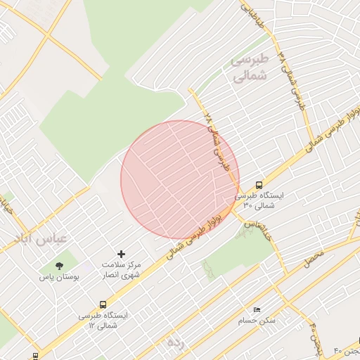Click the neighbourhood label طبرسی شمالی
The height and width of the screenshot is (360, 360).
coord(250,69)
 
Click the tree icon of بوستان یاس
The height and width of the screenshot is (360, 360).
coord(59,266)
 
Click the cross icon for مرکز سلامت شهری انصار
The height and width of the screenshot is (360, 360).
coord(121,253)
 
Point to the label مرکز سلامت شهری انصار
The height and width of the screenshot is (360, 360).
coord(121,269)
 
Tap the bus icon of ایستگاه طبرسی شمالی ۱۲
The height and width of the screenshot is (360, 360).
coord(103,305)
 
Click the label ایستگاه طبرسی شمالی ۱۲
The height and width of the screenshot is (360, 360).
coord(103,321)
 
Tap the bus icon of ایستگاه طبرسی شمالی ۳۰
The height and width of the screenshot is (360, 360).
coord(259,184)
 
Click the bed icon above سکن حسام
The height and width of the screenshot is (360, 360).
coord(257,309)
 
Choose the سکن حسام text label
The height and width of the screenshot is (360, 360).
coord(257,321)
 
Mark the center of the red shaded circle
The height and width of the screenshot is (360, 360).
coord(180,180)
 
